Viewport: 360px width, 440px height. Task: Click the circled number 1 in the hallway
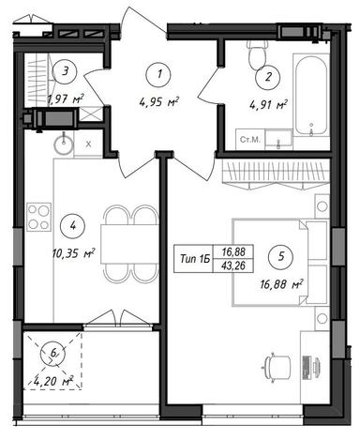pyautogui.click(x=159, y=74)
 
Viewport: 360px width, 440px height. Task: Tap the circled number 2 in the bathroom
pyautogui.click(x=268, y=77)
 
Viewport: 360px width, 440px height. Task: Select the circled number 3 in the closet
pyautogui.click(x=65, y=71)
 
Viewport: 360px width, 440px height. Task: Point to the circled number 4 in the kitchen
pyautogui.click(x=73, y=226)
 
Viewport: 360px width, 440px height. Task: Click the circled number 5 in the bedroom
pyautogui.click(x=280, y=257)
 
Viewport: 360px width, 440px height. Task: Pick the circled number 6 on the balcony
pyautogui.click(x=53, y=353)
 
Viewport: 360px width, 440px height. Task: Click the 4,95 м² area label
pyautogui.click(x=158, y=102)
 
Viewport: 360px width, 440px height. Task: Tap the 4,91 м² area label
pyautogui.click(x=268, y=105)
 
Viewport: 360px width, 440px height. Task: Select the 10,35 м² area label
pyautogui.click(x=74, y=253)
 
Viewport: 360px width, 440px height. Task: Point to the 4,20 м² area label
pyautogui.click(x=53, y=382)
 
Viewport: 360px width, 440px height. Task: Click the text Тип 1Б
pyautogui.click(x=193, y=259)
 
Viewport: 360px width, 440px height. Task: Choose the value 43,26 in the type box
pyautogui.click(x=232, y=266)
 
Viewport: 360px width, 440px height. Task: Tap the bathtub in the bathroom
pyautogui.click(x=311, y=95)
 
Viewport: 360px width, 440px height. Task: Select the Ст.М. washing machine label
pyautogui.click(x=250, y=140)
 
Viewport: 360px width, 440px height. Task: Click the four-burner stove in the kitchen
pyautogui.click(x=38, y=217)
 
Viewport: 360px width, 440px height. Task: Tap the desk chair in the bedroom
pyautogui.click(x=277, y=366)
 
